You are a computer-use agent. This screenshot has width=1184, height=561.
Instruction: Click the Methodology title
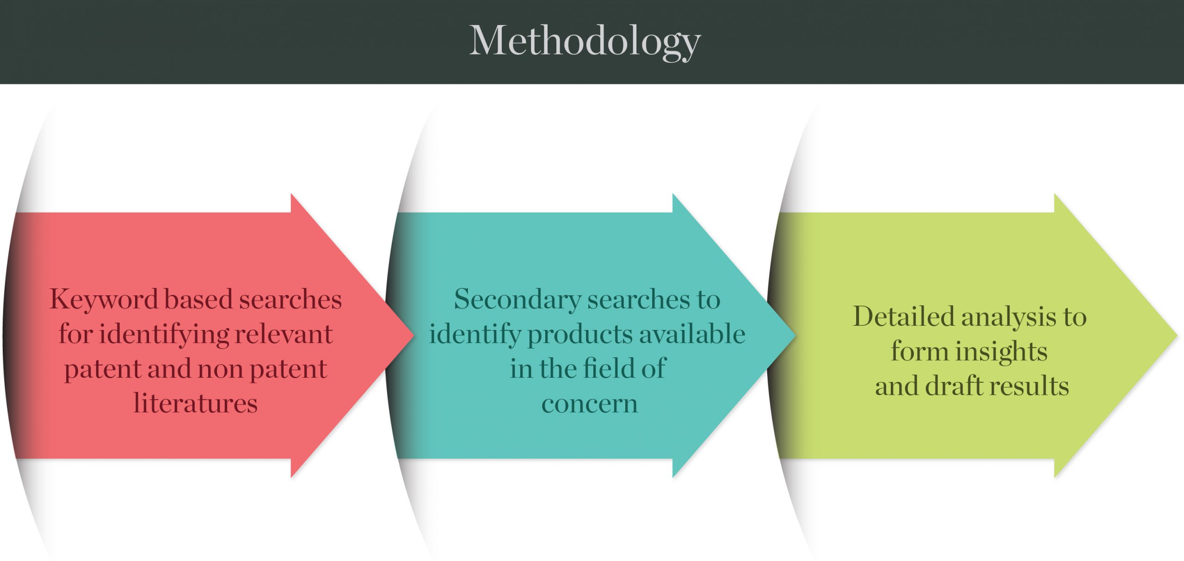pyautogui.click(x=585, y=42)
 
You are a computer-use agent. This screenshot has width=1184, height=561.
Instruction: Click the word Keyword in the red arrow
pyautogui.click(x=104, y=300)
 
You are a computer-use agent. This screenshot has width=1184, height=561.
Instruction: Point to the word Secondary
pyautogui.click(x=518, y=300)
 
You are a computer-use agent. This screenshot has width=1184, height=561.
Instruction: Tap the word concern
pyautogui.click(x=589, y=404)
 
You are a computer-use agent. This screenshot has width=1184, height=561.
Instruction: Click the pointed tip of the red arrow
pyautogui.click(x=414, y=336)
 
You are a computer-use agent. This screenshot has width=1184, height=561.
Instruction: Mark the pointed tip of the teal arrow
pyautogui.click(x=795, y=336)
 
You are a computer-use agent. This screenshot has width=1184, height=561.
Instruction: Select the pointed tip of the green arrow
pyautogui.click(x=1177, y=336)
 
